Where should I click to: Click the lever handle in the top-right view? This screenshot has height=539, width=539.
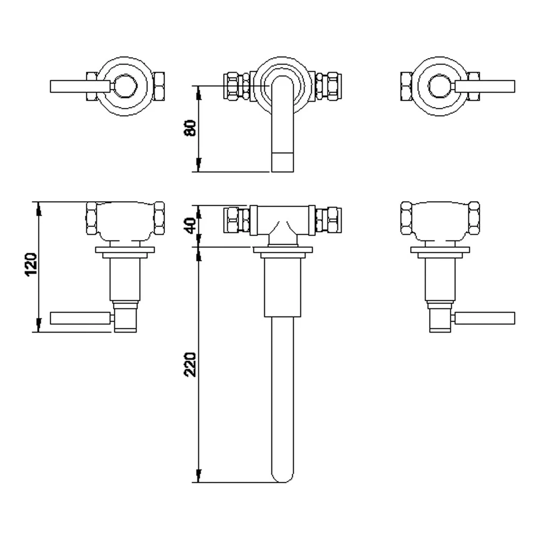[485, 86]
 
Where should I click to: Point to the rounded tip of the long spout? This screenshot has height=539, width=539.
[282, 476]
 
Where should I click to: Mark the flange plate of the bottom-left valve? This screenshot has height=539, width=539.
[125, 250]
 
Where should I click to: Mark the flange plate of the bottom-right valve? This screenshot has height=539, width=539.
[440, 250]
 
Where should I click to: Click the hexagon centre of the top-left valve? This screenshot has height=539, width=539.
[125, 86]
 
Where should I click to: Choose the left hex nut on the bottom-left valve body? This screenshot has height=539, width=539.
[92, 218]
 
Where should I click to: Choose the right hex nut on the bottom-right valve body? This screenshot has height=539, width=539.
[474, 218]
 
